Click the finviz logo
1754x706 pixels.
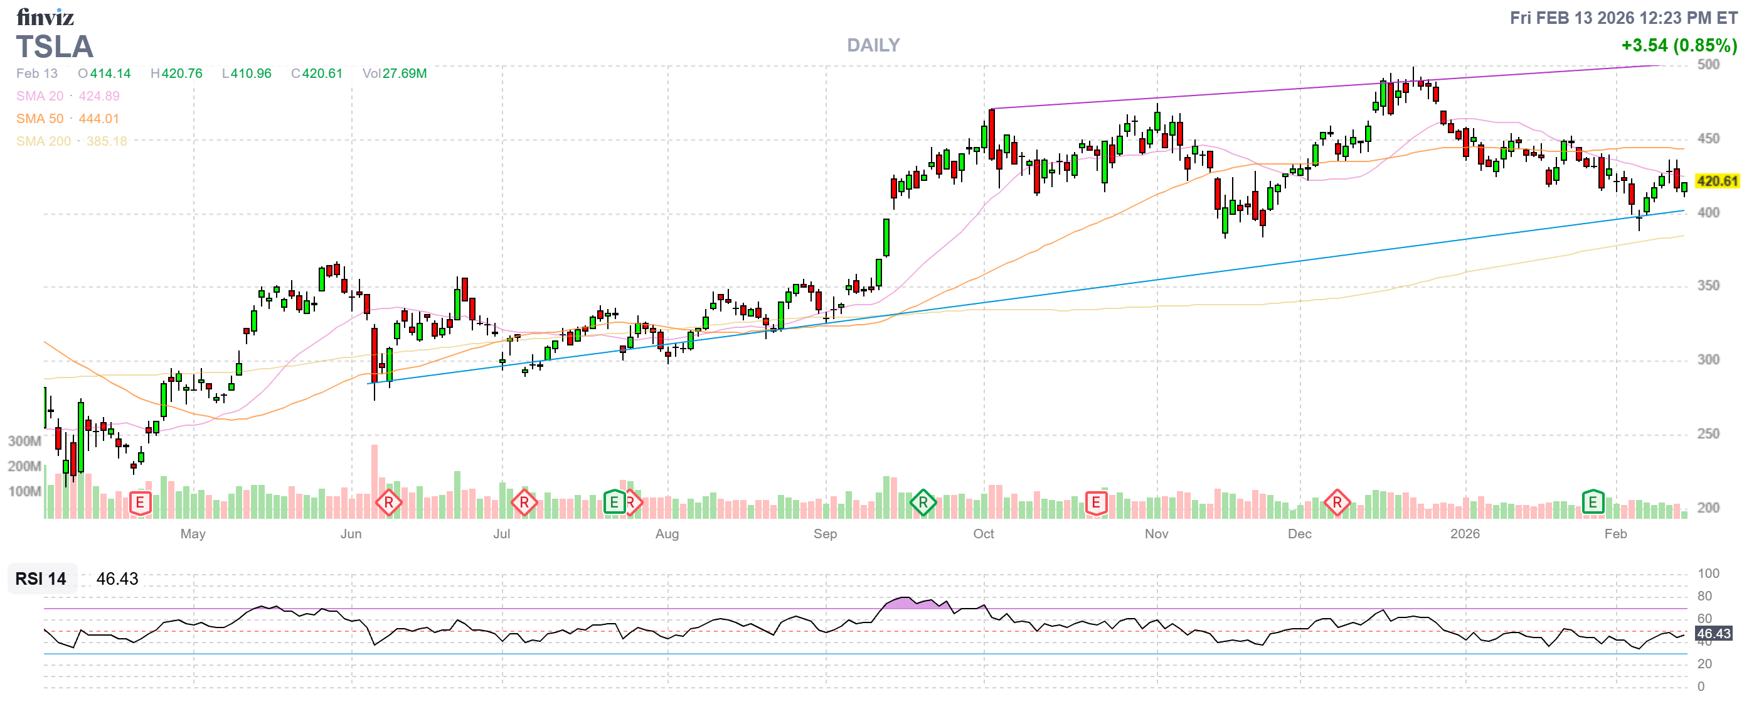[45, 17]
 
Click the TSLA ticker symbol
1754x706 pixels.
[55, 46]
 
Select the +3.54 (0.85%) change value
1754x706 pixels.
[1679, 45]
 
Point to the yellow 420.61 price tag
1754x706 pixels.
[1716, 182]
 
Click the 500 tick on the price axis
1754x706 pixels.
[1708, 65]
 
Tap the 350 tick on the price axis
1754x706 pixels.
[1708, 286]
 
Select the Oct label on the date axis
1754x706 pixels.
[983, 534]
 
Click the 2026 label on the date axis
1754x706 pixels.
[1465, 534]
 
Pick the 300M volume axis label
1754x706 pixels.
[24, 441]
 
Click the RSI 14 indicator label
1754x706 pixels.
[41, 578]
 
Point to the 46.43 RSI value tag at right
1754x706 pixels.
[1713, 634]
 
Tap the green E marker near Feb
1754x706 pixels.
[1593, 503]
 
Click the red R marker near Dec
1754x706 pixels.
[1337, 503]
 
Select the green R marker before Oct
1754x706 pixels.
[923, 503]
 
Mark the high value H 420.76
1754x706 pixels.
[176, 73]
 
